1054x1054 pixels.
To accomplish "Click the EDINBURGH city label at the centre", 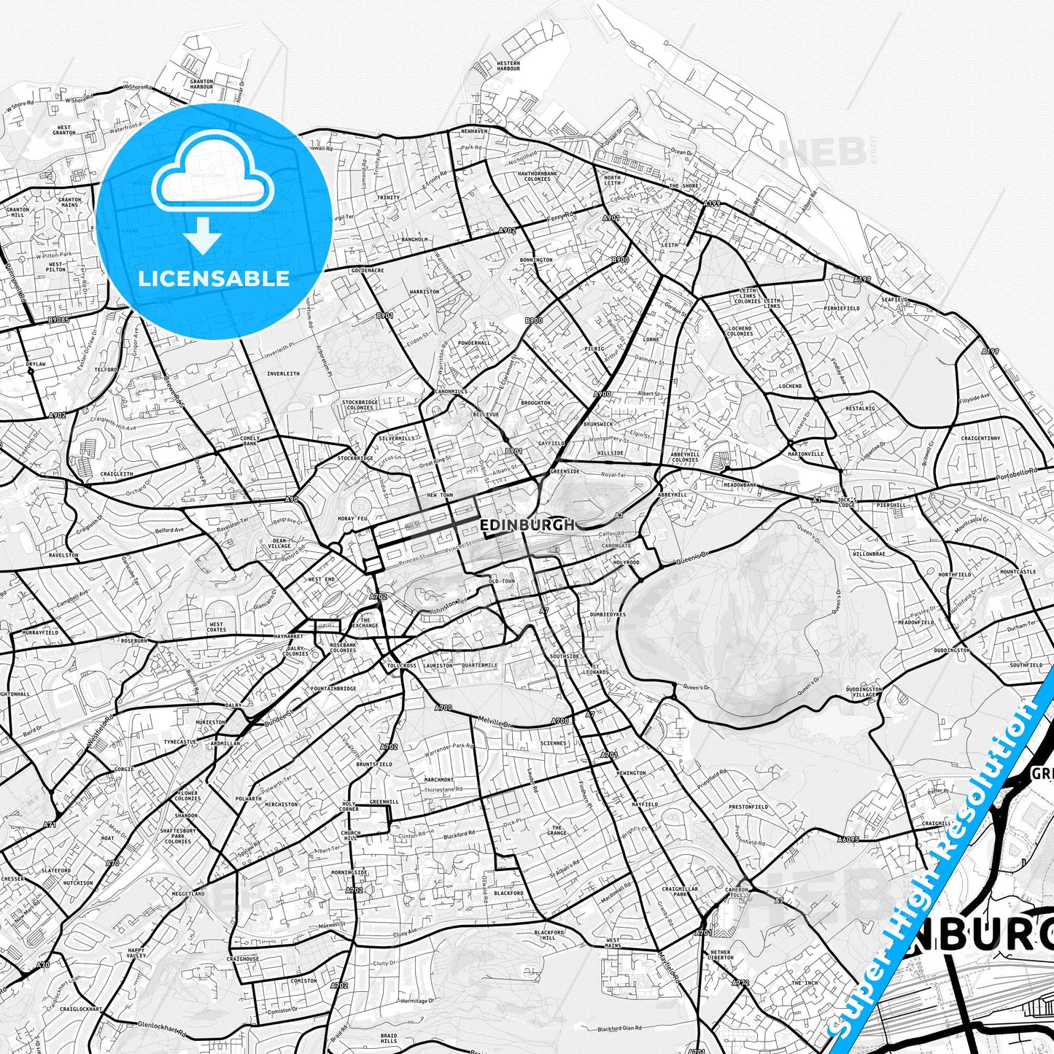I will click(527, 524).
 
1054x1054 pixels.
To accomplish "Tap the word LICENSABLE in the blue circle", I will click(214, 278).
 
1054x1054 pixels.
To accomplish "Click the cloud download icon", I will click(212, 191).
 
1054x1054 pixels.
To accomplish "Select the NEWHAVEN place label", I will click(474, 131).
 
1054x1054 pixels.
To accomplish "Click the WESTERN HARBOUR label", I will click(508, 66).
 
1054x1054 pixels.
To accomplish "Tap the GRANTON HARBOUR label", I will click(201, 84).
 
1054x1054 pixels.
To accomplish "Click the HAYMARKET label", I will click(288, 636).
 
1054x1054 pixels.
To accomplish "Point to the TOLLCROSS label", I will click(402, 666).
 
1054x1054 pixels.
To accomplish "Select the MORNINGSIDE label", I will click(349, 872).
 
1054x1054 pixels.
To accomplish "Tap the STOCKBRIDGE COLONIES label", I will click(360, 405).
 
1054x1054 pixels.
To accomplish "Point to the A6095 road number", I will click(848, 839).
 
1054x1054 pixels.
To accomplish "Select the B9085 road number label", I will click(58, 319).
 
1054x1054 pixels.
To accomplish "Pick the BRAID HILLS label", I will click(389, 1018).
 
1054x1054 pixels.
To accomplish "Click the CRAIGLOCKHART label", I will click(81, 1009).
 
